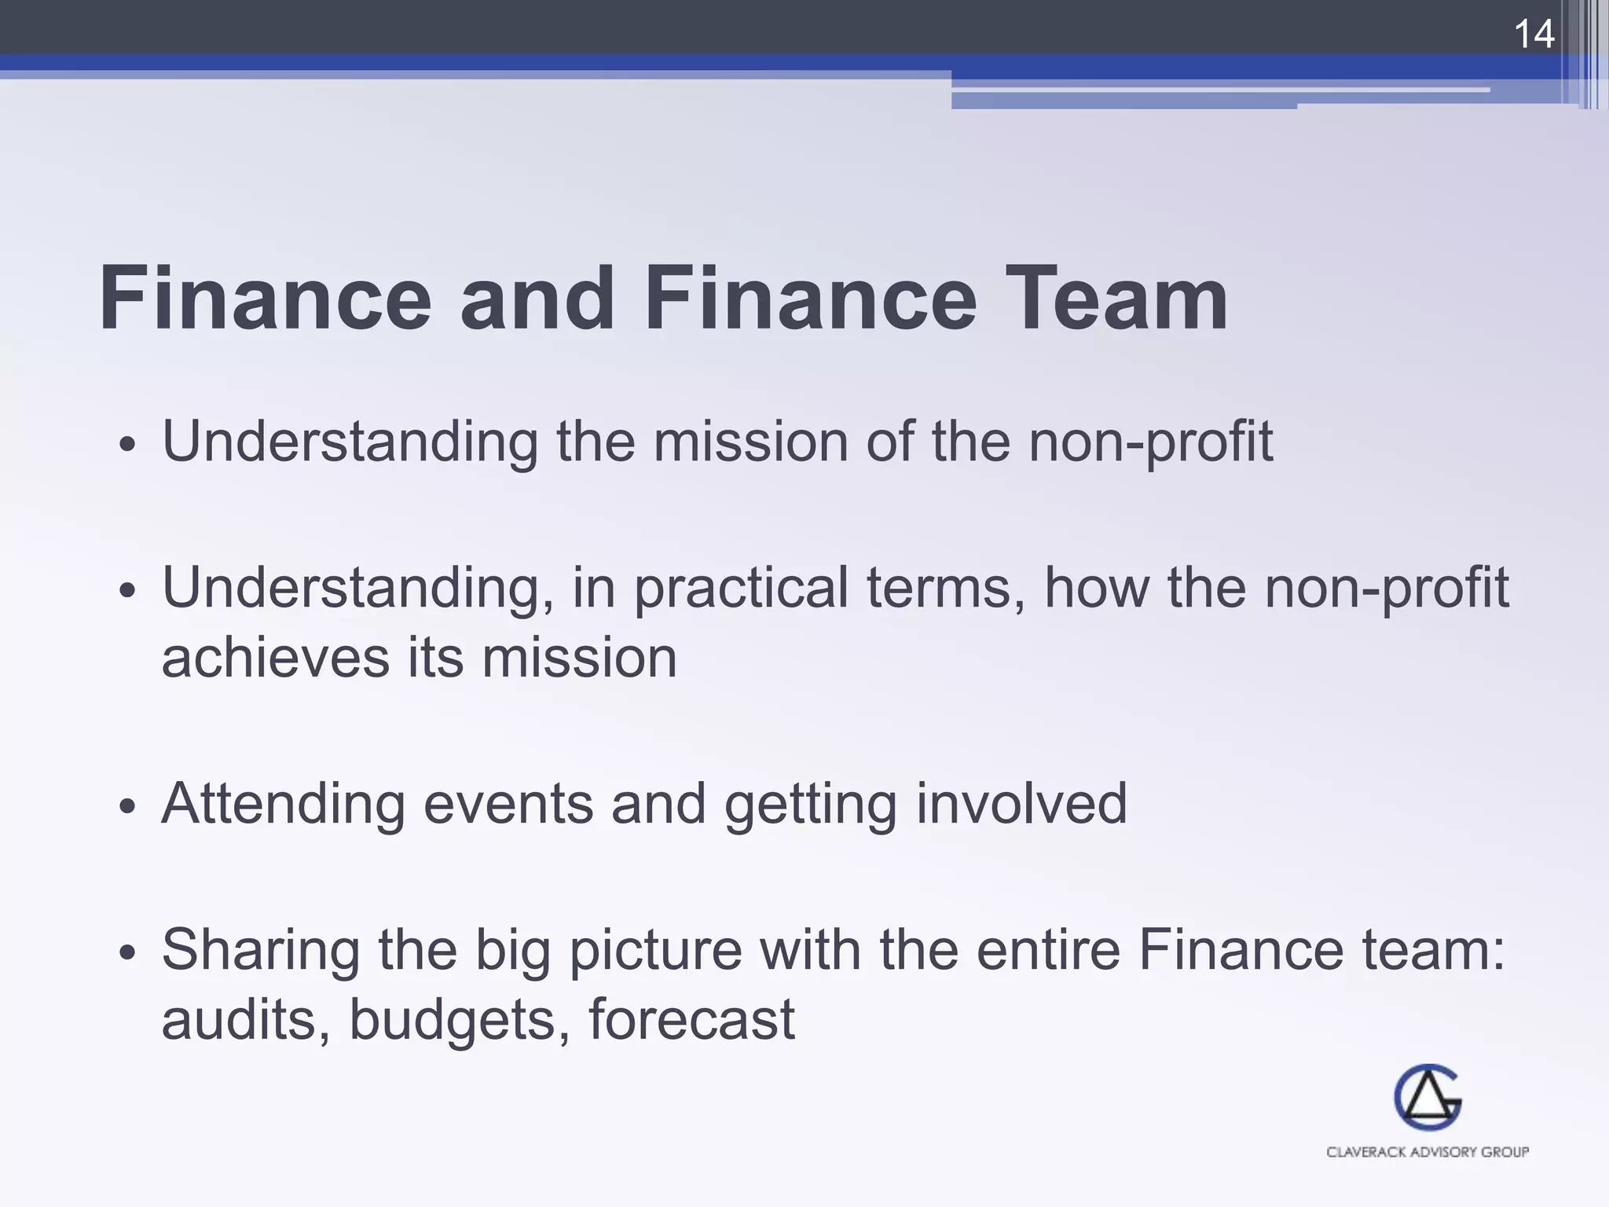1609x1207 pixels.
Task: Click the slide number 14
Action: (1533, 35)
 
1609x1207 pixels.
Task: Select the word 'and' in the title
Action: (537, 299)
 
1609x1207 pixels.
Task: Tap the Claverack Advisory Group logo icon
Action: (1428, 1098)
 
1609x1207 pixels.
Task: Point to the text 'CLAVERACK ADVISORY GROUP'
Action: (1428, 1152)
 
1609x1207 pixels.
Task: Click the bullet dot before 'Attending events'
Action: (128, 806)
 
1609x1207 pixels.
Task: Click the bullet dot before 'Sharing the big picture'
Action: (128, 953)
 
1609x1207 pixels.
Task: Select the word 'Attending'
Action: (283, 805)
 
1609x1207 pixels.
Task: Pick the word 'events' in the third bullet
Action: (508, 805)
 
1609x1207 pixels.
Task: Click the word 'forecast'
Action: (691, 1020)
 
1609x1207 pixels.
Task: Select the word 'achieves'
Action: (275, 659)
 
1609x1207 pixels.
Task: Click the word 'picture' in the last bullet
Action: (655, 951)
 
